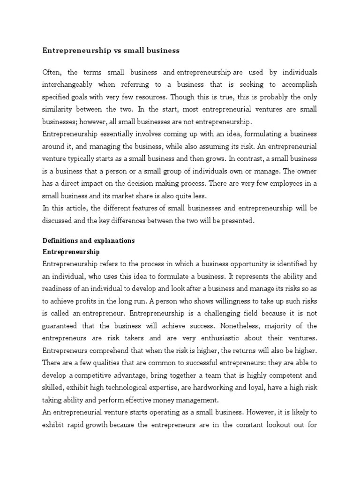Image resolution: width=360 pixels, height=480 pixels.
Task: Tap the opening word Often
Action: pyautogui.click(x=52, y=72)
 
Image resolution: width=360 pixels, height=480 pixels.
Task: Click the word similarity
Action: pyautogui.click(x=59, y=109)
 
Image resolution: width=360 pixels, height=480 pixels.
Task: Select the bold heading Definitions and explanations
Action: pyautogui.click(x=89, y=240)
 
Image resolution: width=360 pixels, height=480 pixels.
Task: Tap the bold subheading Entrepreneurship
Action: pyautogui.click(x=71, y=252)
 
